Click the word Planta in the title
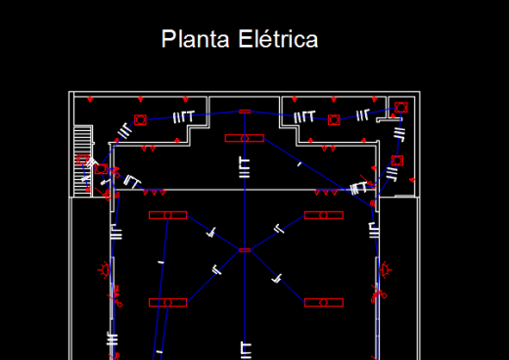195,39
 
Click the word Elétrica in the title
278,39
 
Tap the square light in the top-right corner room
401,108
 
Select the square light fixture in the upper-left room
140,120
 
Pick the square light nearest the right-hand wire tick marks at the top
334,120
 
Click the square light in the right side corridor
397,160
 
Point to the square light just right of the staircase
101,169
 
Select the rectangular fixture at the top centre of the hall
245,138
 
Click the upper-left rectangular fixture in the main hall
167,215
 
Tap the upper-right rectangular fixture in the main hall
324,215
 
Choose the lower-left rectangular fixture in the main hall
167,302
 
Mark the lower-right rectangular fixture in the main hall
324,302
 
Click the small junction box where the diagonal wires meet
245,250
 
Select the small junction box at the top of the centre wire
245,112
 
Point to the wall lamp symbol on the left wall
104,270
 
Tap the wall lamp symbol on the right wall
387,270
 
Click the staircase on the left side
82,161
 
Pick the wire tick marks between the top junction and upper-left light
184,116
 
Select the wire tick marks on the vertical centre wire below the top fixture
245,168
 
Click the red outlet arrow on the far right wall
412,180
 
